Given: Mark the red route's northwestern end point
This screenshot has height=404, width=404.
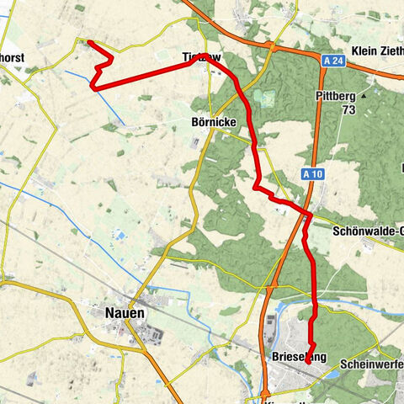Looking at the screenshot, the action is [x=88, y=41].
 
